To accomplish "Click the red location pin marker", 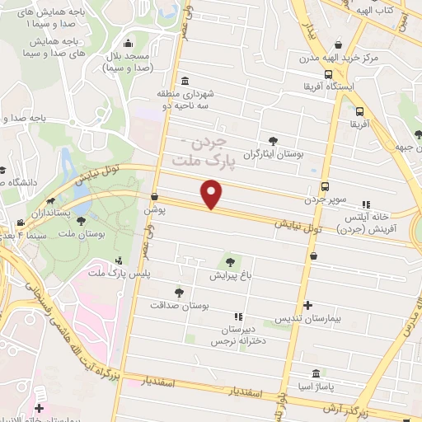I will point(213,195).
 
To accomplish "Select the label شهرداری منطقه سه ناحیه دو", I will point(188,101).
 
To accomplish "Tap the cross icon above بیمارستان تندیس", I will point(307,305).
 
